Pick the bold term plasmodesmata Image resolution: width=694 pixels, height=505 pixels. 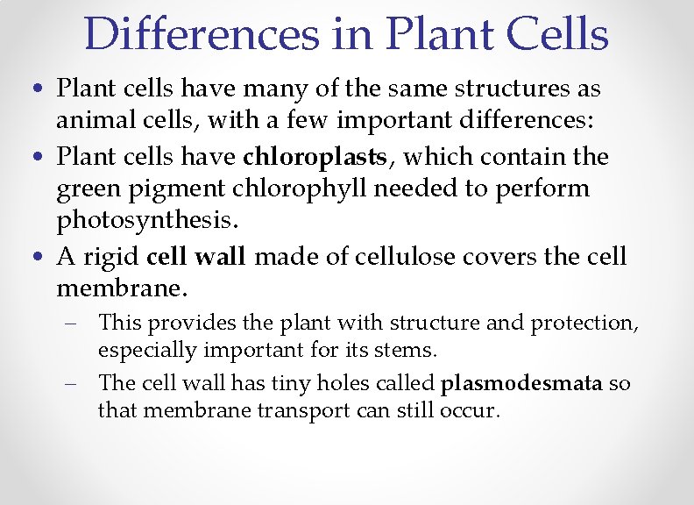pyautogui.click(x=521, y=383)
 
